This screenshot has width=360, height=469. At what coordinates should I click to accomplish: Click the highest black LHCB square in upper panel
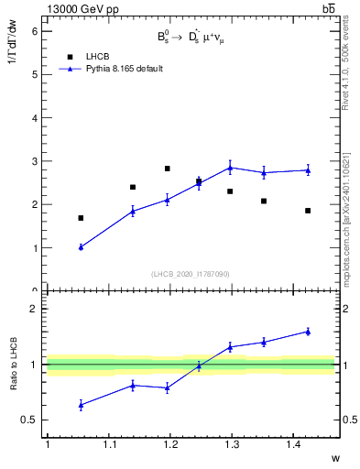coord(167,169)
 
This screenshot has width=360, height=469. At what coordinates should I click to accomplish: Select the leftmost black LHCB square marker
coord(81,218)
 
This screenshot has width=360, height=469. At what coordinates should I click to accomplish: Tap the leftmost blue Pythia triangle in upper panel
coord(81,247)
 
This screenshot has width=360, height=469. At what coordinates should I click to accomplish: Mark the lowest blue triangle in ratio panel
coord(81,404)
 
